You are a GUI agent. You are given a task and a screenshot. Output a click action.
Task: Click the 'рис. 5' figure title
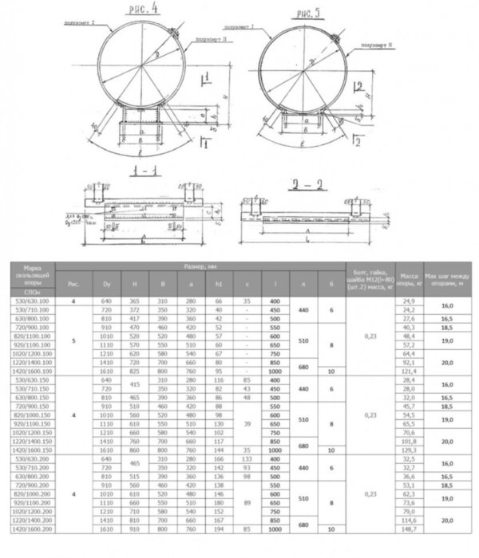tap(308, 14)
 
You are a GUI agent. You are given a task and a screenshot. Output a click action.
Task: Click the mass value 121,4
tap(410, 372)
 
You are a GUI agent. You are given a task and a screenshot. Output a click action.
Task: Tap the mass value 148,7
tap(410, 552)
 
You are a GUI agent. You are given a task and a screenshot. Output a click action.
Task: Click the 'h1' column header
tap(218, 283)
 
